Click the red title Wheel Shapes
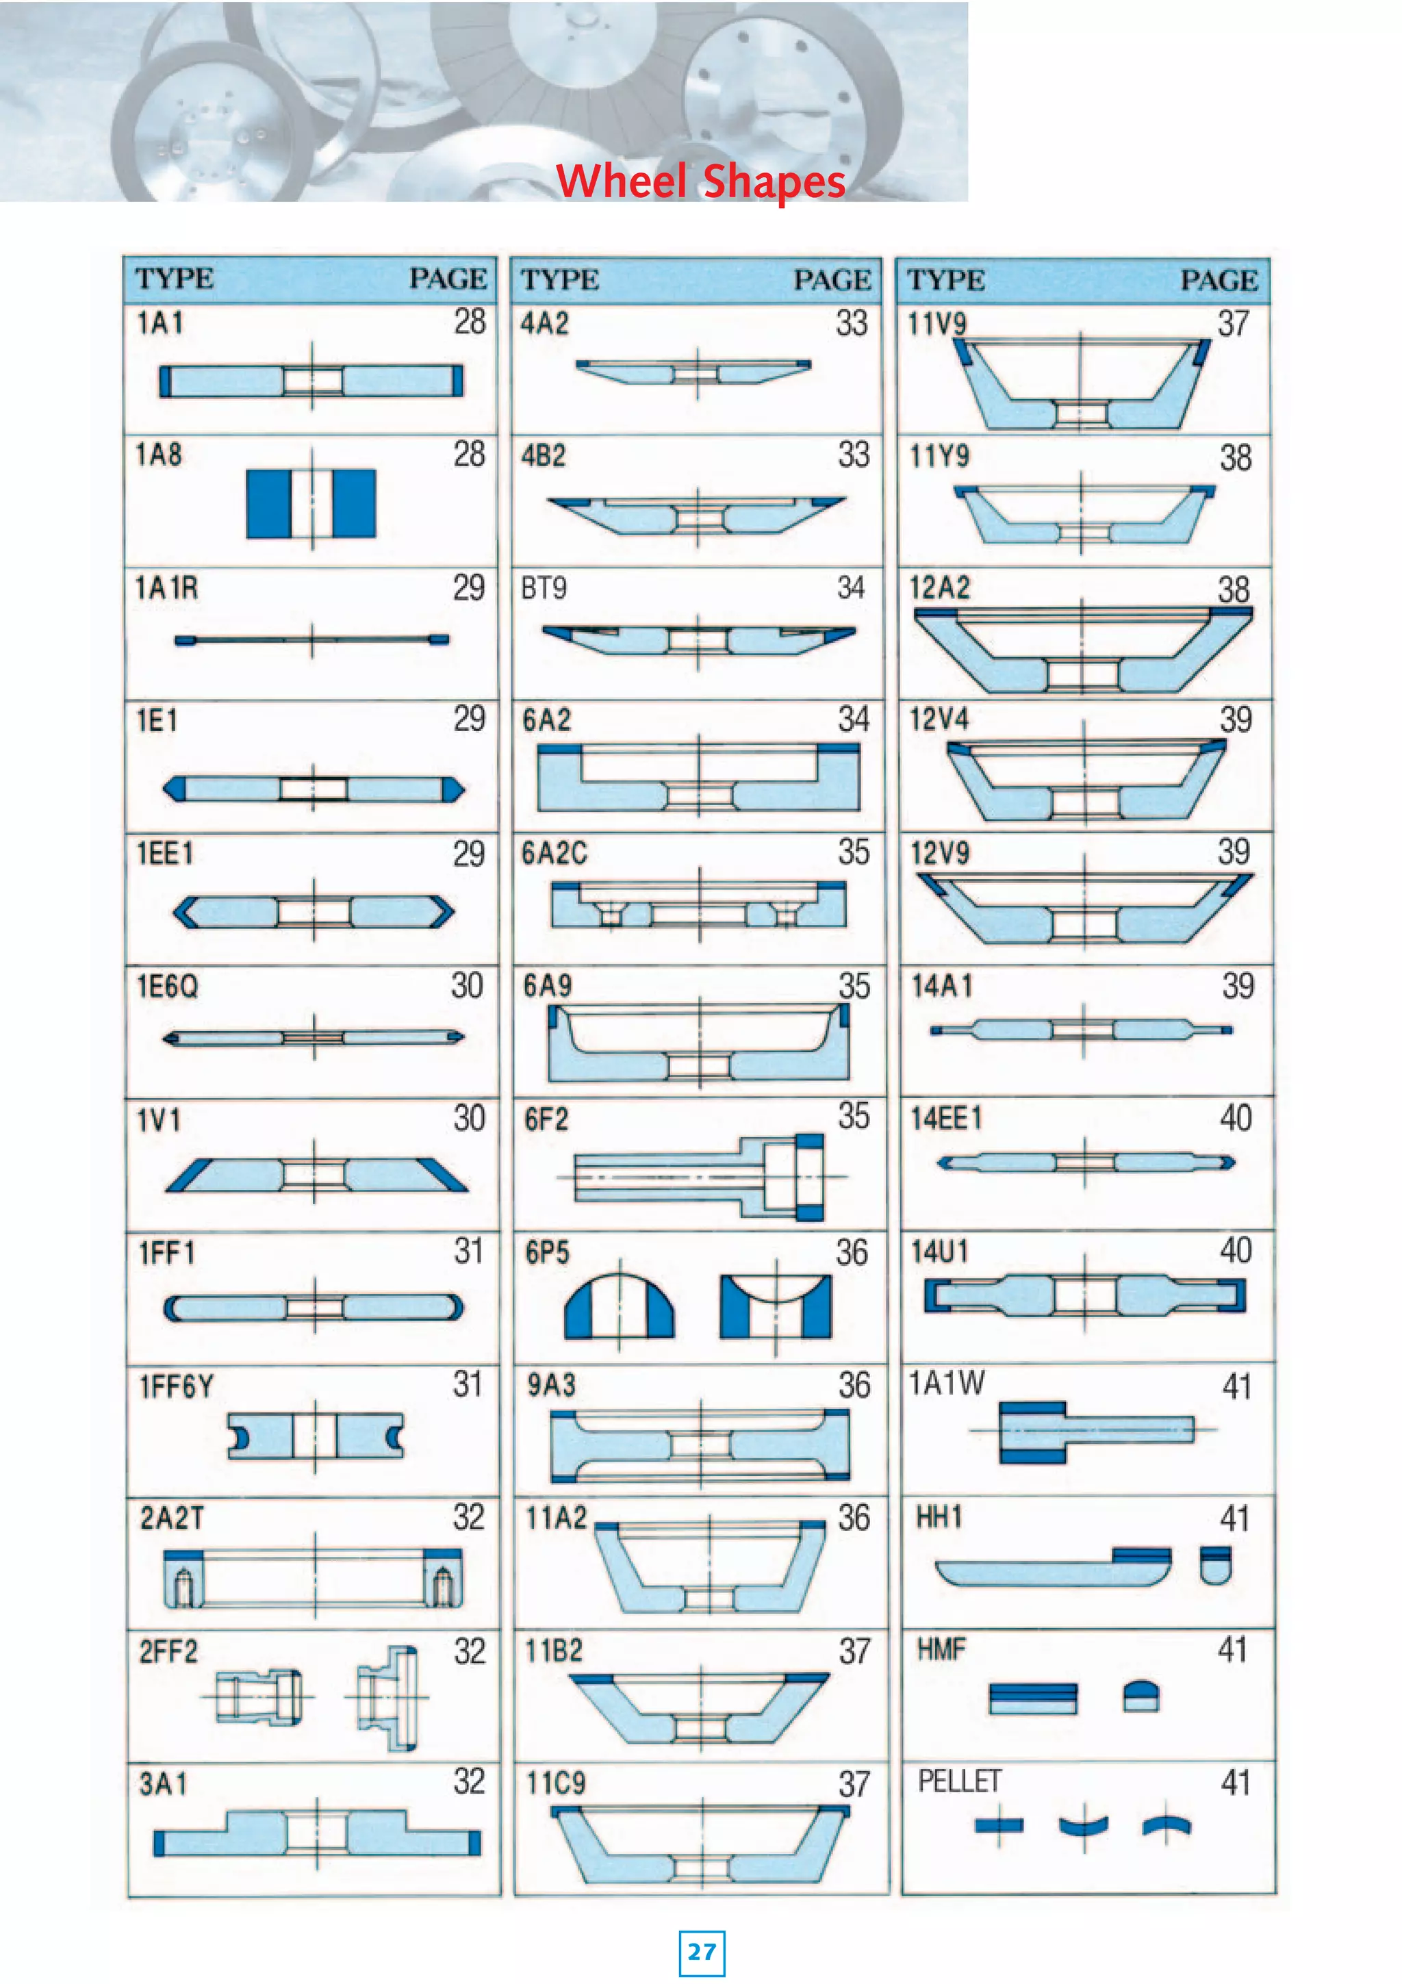tap(700, 181)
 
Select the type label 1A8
tap(159, 454)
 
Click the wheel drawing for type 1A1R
tap(312, 640)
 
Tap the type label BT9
tap(544, 587)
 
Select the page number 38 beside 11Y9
tap(1235, 457)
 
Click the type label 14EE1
tap(946, 1118)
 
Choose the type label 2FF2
tap(168, 1651)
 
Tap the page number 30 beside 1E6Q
tap(468, 985)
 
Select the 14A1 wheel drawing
tap(1082, 1029)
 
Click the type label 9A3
tap(551, 1384)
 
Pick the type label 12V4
tap(939, 719)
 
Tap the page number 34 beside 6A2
tap(854, 719)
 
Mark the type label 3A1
tap(162, 1783)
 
